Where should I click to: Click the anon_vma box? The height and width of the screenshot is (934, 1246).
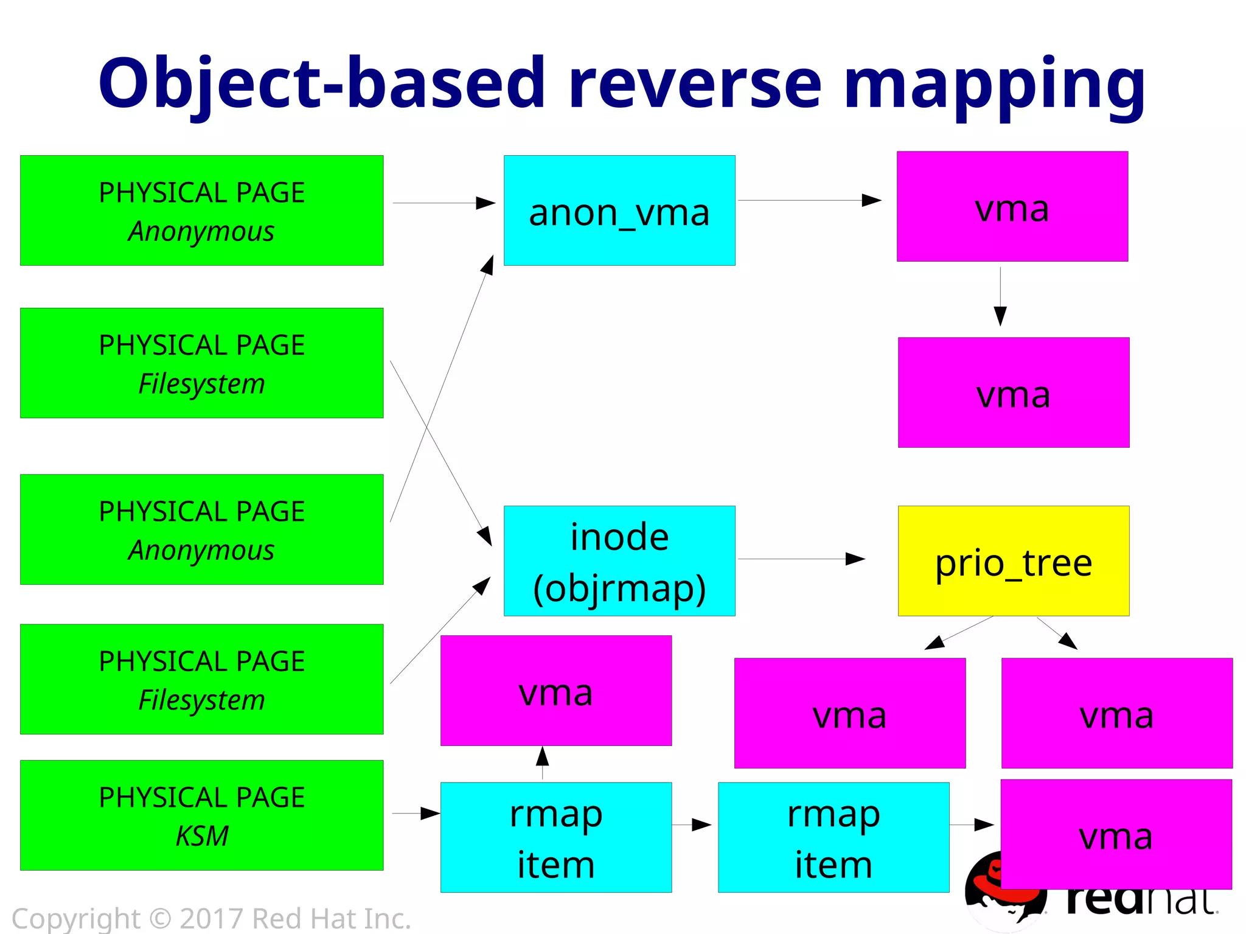click(x=619, y=211)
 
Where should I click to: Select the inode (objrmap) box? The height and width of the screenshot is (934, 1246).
click(x=619, y=560)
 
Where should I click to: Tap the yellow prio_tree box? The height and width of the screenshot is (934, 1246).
click(x=1013, y=560)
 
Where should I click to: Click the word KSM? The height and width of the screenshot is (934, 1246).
click(x=202, y=835)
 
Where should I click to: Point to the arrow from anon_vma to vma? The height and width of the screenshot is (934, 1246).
click(x=809, y=200)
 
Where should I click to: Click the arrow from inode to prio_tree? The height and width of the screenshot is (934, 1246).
click(x=801, y=559)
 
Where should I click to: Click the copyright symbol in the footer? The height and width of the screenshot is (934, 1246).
click(x=160, y=918)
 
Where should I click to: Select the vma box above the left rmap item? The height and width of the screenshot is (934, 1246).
click(x=555, y=691)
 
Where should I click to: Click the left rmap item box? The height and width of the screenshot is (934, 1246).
click(x=555, y=837)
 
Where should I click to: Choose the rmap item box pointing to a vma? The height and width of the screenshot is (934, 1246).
click(x=833, y=837)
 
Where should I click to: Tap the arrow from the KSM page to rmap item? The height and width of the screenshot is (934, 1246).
click(x=416, y=813)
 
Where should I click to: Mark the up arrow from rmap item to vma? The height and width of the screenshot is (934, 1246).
click(x=542, y=763)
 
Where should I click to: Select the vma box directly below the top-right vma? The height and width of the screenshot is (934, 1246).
click(x=1013, y=392)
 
